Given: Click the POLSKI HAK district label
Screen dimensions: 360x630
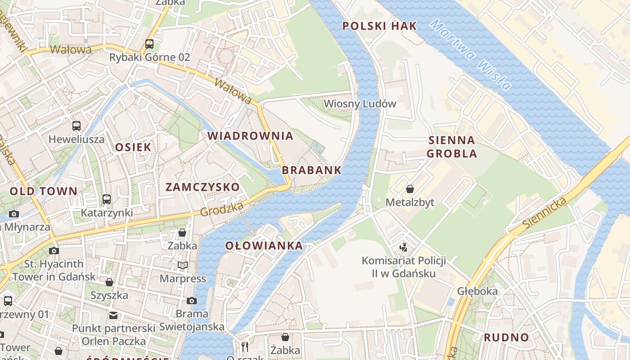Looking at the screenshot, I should [x=380, y=26].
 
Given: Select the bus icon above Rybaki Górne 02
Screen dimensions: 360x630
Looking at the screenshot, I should [x=149, y=44].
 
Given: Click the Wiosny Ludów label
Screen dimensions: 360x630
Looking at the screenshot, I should [x=360, y=104].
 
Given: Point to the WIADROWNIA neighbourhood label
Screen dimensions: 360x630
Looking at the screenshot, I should [x=250, y=136].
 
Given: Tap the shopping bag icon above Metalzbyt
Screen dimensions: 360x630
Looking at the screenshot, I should [x=409, y=189].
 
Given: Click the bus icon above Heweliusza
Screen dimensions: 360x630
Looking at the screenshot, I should [x=76, y=126].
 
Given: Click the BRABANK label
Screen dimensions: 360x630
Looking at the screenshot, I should [x=312, y=171].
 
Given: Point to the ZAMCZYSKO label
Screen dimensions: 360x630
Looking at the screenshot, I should [x=202, y=188].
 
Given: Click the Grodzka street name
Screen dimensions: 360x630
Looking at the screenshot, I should [x=221, y=209].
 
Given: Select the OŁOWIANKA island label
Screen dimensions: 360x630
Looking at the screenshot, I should [x=264, y=246].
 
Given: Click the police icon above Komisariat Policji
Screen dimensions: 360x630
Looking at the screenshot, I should [x=404, y=247].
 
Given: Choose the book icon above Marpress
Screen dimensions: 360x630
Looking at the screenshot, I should [x=182, y=265].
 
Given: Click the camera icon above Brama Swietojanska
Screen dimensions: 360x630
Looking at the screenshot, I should [x=192, y=301].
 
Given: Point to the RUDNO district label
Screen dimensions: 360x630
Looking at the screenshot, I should [x=506, y=337].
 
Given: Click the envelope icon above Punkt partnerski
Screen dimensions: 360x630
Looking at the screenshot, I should [x=113, y=315].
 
